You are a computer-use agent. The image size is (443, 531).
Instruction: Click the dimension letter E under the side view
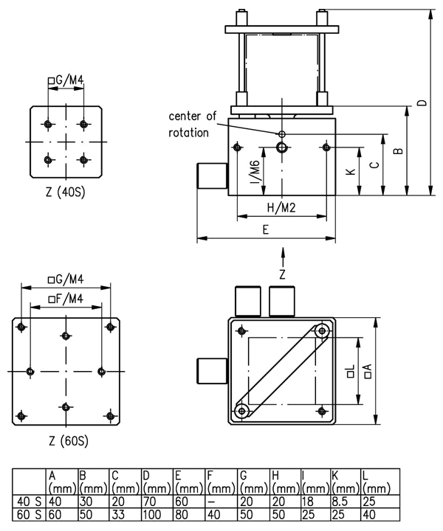[266, 229]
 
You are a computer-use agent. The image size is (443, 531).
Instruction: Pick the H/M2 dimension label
[281, 208]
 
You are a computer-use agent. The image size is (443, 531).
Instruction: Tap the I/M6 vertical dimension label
[253, 172]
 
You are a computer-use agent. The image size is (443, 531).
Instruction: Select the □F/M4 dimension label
[64, 298]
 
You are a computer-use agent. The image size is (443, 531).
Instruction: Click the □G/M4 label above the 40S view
[65, 79]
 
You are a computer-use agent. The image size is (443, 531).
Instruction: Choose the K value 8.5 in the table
[343, 502]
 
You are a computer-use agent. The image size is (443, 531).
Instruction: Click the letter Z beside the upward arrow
[282, 274]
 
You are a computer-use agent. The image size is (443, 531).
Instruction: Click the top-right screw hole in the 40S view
[83, 122]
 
